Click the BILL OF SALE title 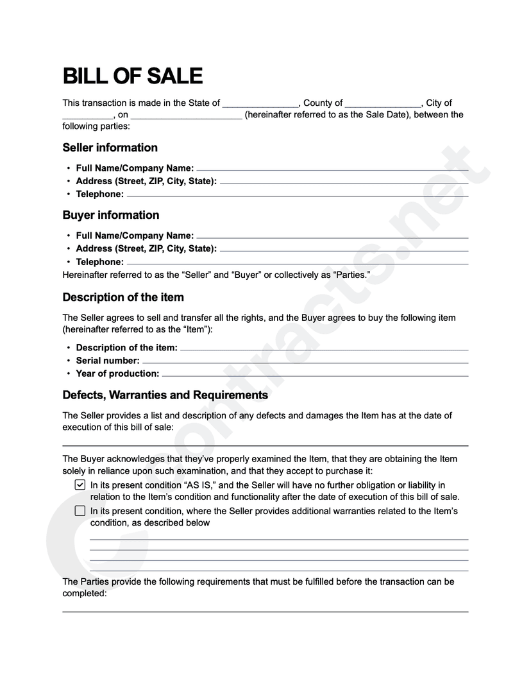tap(132, 76)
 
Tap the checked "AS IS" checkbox tap(80, 485)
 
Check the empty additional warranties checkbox tap(80, 511)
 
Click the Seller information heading tap(110, 148)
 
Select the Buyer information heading tap(110, 215)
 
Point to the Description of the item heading tap(122, 297)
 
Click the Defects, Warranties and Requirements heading tap(165, 395)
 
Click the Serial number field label tap(107, 361)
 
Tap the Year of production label tap(117, 374)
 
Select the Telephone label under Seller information tap(99, 194)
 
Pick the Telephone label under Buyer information tap(99, 262)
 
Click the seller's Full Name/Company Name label tap(135, 168)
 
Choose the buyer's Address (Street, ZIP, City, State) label tap(146, 248)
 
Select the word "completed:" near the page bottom tap(84, 594)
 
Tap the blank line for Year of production tap(314, 375)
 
